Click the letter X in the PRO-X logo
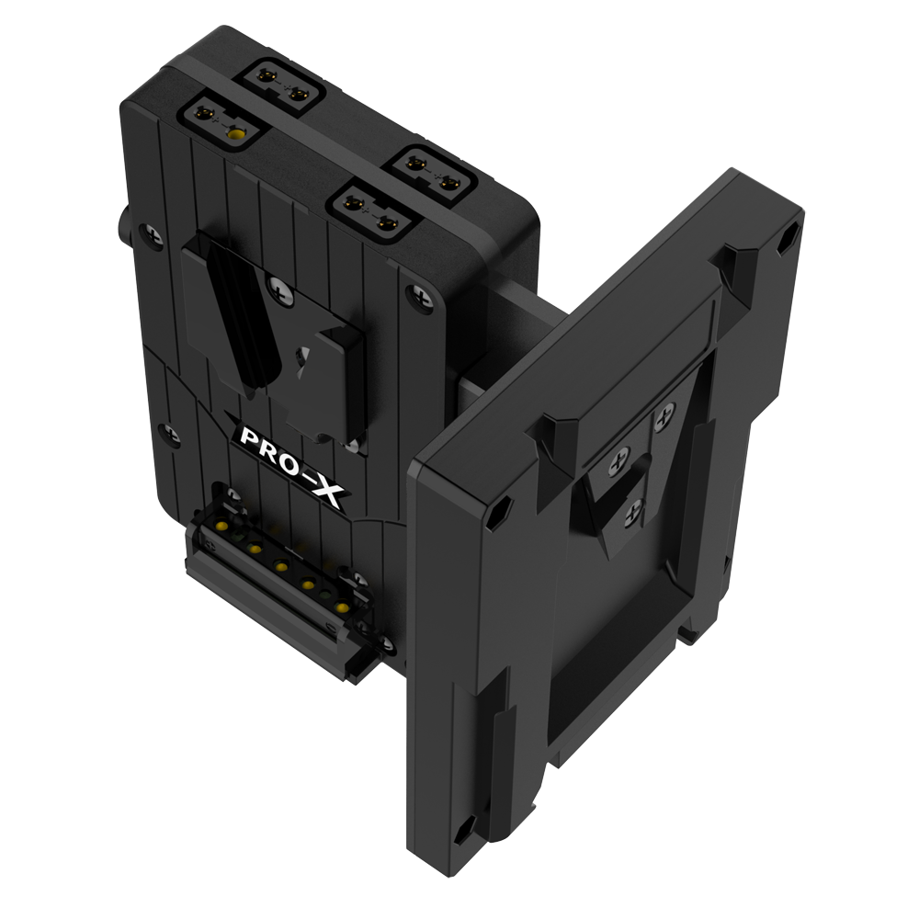coord(325,491)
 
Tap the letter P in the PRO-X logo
coord(250,437)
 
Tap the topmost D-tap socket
coord(282,86)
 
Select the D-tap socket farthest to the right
coord(433,176)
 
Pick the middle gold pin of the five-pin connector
coord(281,566)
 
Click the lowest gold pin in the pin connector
coord(339,607)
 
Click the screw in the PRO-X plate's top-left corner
coord(153,234)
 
